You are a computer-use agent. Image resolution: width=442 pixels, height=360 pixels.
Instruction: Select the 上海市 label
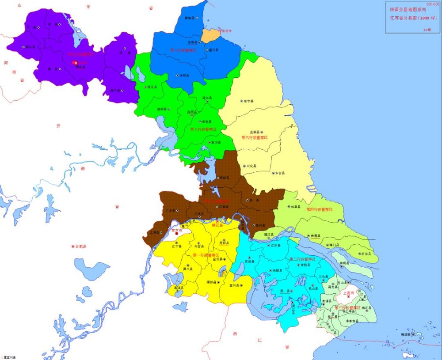(x=349, y=293)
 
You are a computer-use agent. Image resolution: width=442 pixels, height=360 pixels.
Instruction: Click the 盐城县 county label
(x=254, y=132)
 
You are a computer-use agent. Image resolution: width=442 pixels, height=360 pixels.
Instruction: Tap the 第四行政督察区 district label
(x=319, y=209)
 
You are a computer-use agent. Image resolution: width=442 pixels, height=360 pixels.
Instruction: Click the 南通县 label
(x=315, y=236)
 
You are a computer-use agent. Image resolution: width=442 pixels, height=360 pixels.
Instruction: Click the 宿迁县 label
(x=151, y=87)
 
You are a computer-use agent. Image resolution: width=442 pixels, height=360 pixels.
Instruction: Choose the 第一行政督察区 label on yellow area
(x=206, y=255)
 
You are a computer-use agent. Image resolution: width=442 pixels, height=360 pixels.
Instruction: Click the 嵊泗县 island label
(x=406, y=335)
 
